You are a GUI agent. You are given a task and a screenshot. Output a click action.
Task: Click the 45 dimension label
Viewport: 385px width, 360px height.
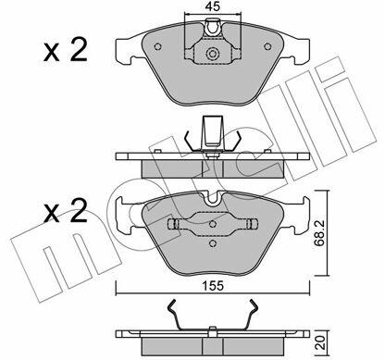(x=213, y=6)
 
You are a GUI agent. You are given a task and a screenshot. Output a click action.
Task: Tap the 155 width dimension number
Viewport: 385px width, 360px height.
(x=213, y=286)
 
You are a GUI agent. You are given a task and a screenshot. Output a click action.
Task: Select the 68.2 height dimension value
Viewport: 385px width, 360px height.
(x=319, y=233)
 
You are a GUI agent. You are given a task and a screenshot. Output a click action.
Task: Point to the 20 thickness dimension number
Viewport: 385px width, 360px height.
(x=321, y=342)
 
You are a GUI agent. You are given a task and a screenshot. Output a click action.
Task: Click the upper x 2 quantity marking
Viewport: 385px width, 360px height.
(x=66, y=49)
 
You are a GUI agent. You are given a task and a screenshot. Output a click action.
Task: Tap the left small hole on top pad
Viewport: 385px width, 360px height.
(x=157, y=46)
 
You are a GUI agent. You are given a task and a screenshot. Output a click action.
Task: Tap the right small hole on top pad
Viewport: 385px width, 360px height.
(x=267, y=46)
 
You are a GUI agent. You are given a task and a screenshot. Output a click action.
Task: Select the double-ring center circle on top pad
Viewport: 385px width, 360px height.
(x=212, y=54)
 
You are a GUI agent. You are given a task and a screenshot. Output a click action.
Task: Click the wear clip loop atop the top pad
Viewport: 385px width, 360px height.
(x=213, y=27)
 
